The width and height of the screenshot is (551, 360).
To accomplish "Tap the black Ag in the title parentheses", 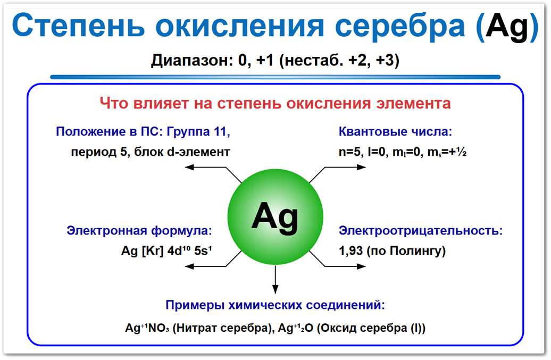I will (506, 27).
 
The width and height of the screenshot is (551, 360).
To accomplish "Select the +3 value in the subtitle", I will (386, 60).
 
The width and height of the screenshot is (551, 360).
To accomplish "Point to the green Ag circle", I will (275, 215).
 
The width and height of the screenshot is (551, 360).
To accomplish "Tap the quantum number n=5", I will (350, 152).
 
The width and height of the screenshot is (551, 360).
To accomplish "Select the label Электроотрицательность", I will (421, 231).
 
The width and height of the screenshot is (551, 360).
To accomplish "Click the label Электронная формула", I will (139, 231).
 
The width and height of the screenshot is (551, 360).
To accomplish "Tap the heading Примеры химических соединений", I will (275, 305).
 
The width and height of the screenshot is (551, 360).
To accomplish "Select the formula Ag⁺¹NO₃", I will (145, 328).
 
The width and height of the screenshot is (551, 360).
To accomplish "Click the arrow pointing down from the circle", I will (275, 279).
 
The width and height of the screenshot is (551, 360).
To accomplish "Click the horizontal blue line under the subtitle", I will (275, 77).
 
